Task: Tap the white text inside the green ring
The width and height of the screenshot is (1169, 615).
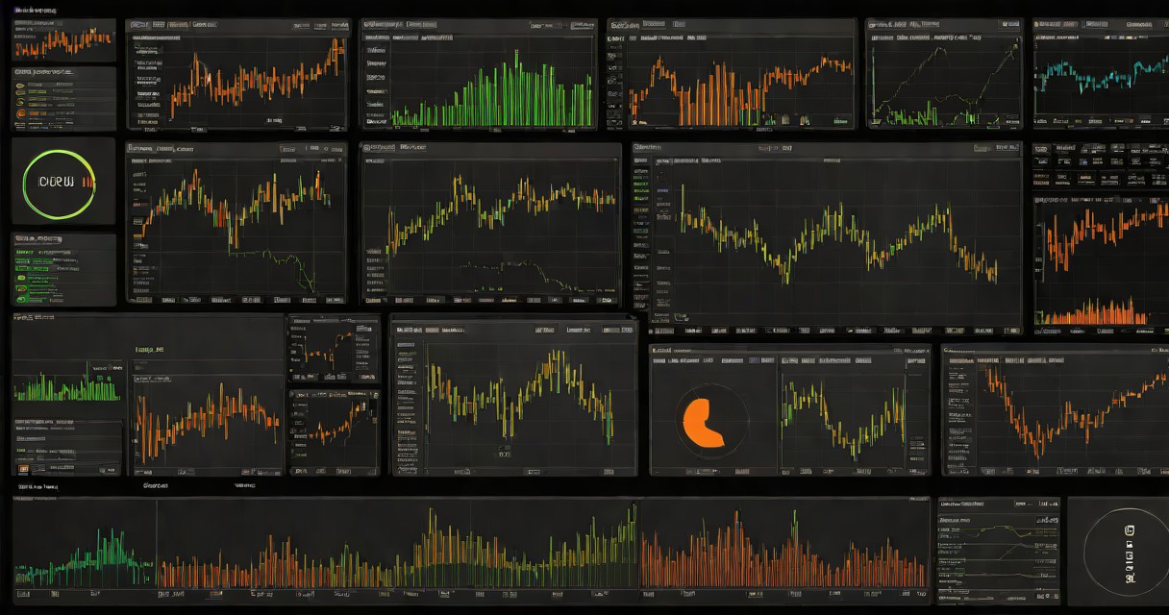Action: coord(50,181)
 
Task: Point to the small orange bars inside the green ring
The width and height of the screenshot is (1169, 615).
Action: coord(88,180)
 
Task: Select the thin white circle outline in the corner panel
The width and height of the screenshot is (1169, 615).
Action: coord(1086,552)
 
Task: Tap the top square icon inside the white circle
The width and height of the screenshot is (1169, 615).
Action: coord(1130,529)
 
